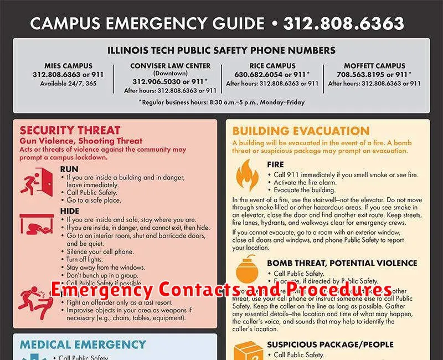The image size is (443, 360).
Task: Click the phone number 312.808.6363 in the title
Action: tap(344, 24)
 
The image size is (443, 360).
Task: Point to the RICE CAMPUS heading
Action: tap(272, 66)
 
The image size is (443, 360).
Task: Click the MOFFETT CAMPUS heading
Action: tap(374, 66)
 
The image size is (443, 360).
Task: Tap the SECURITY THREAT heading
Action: tap(70, 131)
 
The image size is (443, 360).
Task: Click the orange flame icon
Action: tap(248, 175)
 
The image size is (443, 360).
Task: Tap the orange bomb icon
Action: tap(247, 271)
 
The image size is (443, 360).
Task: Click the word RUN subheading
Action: tap(69, 168)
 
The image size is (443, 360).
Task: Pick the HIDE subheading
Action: tap(70, 210)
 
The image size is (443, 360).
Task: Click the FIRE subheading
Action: tap(275, 164)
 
